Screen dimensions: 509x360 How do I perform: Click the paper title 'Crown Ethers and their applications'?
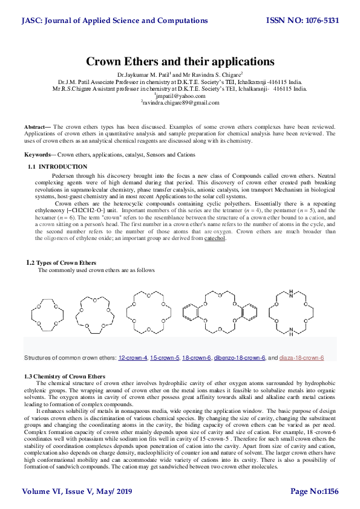[x=180, y=62]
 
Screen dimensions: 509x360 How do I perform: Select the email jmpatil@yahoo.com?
[x=180, y=96]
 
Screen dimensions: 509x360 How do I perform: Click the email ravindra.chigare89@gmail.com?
[x=180, y=103]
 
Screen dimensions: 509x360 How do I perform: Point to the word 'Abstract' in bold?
[x=34, y=127]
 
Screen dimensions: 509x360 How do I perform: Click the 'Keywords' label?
[x=36, y=155]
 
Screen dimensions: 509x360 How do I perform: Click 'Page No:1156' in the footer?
[x=315, y=492]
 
